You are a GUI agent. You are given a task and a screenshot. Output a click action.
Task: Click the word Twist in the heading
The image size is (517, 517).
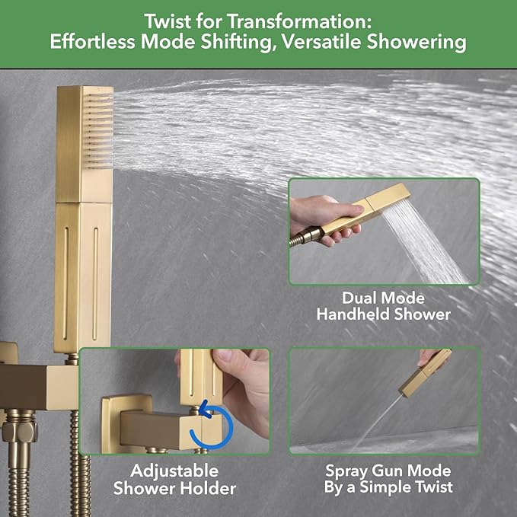pos(142,18)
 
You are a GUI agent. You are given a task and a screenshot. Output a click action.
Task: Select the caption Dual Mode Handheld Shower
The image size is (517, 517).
pos(385,305)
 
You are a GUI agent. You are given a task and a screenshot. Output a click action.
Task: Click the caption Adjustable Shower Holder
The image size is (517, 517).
pos(174,479)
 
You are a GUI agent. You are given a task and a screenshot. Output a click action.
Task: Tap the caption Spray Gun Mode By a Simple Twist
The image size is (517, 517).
pos(388,479)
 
